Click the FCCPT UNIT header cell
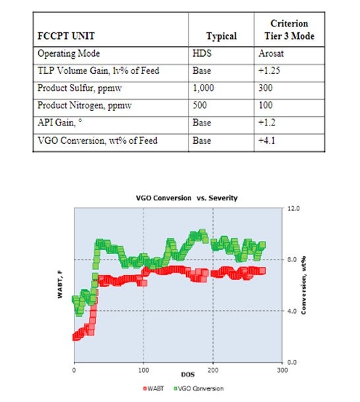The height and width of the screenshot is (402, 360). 66,36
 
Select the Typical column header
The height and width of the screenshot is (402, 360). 222,36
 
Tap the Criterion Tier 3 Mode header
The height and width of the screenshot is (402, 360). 289,30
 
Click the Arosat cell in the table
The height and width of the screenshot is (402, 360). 271,53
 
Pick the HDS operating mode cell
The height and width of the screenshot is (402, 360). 202,53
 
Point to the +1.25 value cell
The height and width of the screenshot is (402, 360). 269,71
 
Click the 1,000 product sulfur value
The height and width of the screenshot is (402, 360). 203,88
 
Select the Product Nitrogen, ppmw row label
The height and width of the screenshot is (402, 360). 84,106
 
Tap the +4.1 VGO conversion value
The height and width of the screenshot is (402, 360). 266,141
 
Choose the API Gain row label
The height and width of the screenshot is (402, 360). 59,123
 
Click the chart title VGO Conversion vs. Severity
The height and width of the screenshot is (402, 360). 187,198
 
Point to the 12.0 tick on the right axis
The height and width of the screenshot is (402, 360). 293,208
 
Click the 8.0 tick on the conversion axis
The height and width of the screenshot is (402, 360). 292,259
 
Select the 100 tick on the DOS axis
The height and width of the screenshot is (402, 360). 143,370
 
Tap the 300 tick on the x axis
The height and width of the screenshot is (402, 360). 282,370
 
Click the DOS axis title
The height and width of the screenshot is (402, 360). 188,374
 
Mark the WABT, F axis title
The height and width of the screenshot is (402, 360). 60,285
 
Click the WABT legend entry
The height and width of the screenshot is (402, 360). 154,388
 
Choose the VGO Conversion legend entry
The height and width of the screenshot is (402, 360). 198,388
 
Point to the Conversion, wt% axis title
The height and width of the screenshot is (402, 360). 303,285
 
